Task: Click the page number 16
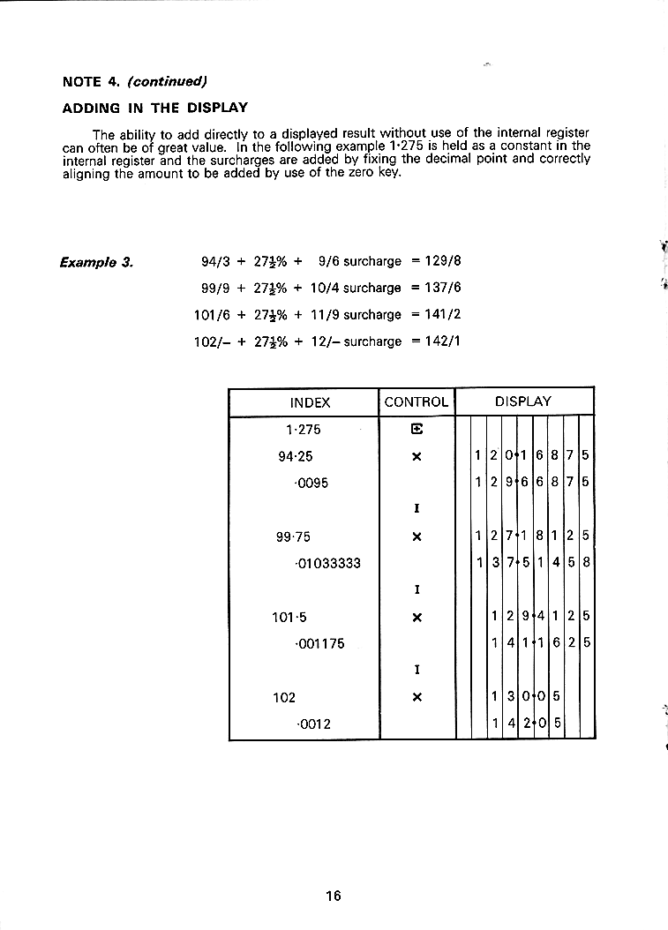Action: coord(333,896)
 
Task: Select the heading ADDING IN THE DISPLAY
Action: coord(154,109)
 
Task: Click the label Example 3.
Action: coord(96,262)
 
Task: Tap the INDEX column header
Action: coord(310,402)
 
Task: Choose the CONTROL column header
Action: coord(417,402)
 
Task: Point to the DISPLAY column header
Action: coord(523,401)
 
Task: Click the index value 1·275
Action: coord(304,430)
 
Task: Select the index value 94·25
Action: coord(295,456)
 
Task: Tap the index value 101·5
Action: coord(289,617)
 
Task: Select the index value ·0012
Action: coord(314,724)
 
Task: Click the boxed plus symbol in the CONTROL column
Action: coord(417,430)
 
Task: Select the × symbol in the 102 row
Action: coord(417,697)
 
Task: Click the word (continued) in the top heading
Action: coord(167,82)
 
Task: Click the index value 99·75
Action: coord(295,536)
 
